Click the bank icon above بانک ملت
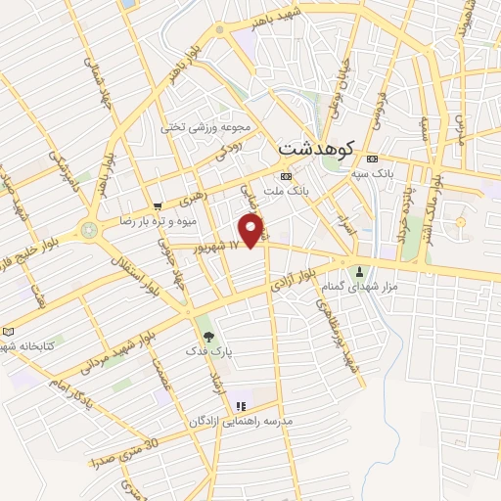[285, 176]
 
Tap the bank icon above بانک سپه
[372, 159]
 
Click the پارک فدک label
[206, 349]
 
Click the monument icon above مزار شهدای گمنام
[361, 271]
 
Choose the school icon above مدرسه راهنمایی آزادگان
[239, 405]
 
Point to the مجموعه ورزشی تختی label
[207, 127]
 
